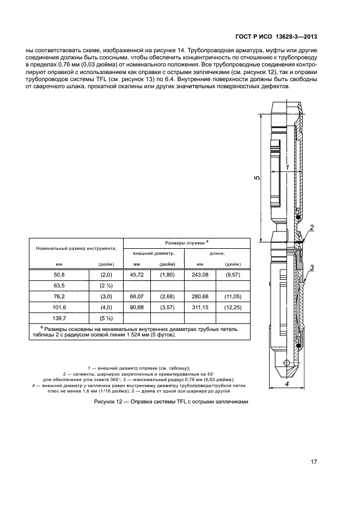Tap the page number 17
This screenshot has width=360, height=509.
click(314, 462)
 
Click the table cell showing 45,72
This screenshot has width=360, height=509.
click(136, 275)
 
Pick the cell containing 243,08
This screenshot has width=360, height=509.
click(200, 275)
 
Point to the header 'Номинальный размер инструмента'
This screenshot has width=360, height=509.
click(76, 248)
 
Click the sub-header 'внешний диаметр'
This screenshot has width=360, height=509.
click(155, 253)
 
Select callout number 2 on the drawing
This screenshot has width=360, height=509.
click(312, 228)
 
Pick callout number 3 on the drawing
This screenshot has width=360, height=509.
click(312, 267)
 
